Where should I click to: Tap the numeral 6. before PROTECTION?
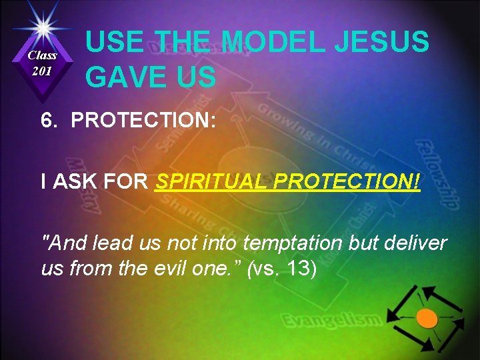click(49, 121)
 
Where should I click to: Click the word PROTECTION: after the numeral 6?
click(141, 121)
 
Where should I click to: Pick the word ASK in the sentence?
click(74, 182)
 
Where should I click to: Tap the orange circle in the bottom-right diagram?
click(427, 319)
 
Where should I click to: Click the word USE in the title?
click(114, 43)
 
